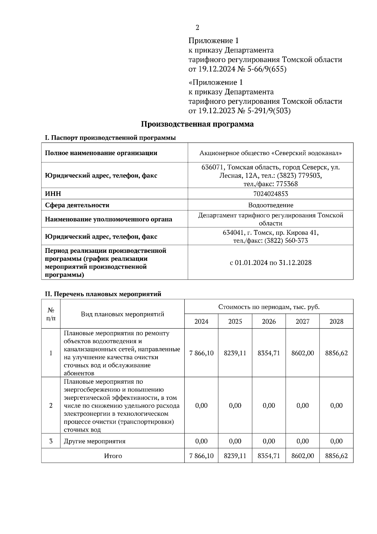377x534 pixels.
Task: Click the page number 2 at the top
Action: click(x=197, y=28)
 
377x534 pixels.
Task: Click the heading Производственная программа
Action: click(x=197, y=124)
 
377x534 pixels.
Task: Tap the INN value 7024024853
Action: click(x=270, y=194)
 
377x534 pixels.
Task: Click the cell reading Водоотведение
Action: click(x=270, y=205)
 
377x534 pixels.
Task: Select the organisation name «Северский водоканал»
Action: click(x=306, y=153)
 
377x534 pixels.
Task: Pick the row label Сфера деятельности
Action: click(x=77, y=205)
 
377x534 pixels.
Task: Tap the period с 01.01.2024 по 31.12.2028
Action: click(x=270, y=263)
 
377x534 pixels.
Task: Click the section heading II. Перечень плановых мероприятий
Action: click(x=103, y=294)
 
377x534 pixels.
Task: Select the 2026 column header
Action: click(x=269, y=321)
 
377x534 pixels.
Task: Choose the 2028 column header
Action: click(x=336, y=321)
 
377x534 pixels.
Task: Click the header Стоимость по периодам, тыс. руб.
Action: click(x=269, y=307)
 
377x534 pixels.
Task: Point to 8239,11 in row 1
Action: click(x=235, y=353)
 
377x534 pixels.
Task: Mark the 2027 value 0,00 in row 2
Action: click(x=303, y=406)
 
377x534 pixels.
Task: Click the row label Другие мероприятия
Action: click(x=95, y=441)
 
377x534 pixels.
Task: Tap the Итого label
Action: click(x=113, y=456)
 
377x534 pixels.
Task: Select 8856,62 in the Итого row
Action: click(x=336, y=456)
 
